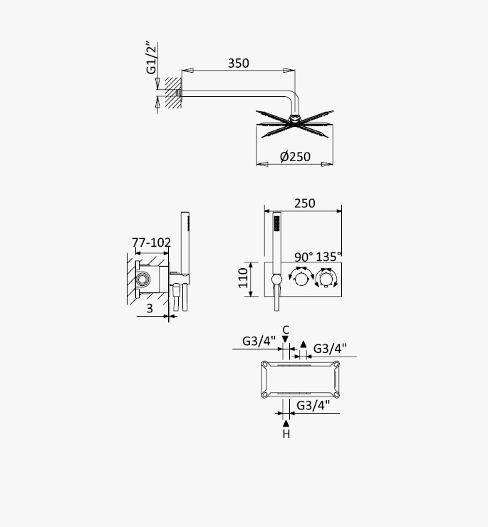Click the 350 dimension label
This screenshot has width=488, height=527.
[239, 63]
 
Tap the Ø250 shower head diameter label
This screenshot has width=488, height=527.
[295, 157]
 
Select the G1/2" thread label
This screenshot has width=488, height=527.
[152, 58]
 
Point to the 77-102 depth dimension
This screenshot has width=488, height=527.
[151, 242]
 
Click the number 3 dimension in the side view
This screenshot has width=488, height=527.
[150, 308]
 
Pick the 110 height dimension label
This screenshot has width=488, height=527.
[243, 278]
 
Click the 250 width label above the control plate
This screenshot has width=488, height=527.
[305, 203]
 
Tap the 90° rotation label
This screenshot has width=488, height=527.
[303, 257]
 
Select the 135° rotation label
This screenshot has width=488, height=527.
[328, 257]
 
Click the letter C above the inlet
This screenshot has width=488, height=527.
[286, 330]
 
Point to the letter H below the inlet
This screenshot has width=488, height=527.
[286, 434]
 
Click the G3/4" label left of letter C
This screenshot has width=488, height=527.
[259, 341]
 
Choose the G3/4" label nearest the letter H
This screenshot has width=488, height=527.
[313, 405]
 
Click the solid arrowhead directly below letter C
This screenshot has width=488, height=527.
[286, 339]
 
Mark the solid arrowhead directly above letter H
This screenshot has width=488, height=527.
[286, 424]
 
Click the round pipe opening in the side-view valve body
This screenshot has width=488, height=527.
[142, 279]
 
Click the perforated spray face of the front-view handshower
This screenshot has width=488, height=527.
[276, 223]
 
